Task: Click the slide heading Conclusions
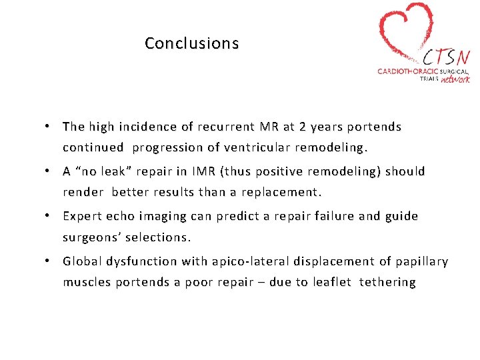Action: click(191, 43)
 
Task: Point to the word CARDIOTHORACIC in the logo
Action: click(408, 70)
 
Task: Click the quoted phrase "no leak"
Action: click(107, 171)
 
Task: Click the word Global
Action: click(82, 261)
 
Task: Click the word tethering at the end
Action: click(387, 282)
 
